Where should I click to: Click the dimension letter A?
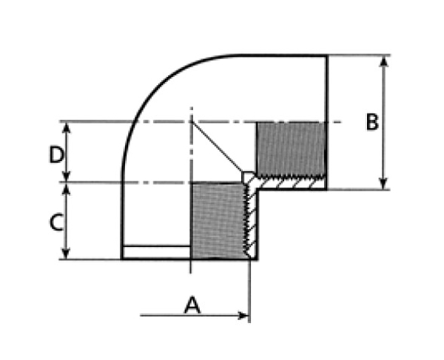[192, 305]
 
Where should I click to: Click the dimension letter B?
[372, 122]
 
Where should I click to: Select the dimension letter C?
[56, 223]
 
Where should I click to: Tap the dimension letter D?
[57, 154]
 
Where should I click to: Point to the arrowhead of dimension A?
[243, 315]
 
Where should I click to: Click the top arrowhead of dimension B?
[383, 61]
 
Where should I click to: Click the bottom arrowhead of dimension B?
[383, 184]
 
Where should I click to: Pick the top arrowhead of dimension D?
[66, 128]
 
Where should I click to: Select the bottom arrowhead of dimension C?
[66, 254]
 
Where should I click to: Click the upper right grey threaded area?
[291, 149]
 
